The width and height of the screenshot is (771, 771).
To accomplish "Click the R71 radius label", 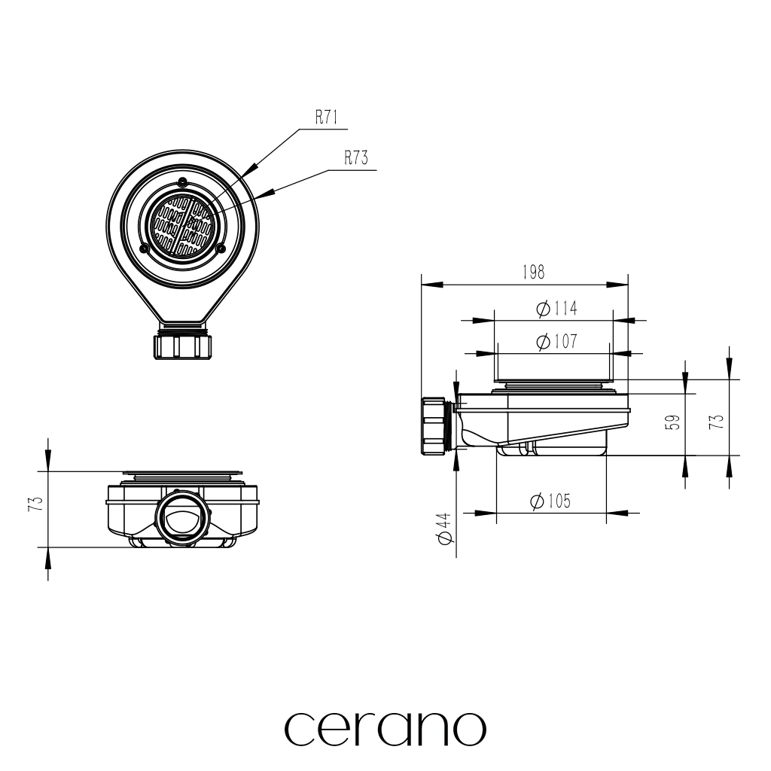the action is click(x=326, y=117).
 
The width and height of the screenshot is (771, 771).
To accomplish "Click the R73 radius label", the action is click(x=355, y=158).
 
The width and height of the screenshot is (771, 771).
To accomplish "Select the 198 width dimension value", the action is click(x=534, y=272).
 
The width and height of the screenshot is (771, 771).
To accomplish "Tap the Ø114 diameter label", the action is click(x=556, y=309).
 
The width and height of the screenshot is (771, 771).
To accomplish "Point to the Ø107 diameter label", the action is click(x=556, y=341).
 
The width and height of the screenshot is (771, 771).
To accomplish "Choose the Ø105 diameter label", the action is click(x=550, y=501).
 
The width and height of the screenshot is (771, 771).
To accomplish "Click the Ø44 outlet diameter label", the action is click(x=444, y=528).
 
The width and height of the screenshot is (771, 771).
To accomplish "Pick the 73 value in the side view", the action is click(x=717, y=422).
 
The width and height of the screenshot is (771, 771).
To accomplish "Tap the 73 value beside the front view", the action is click(x=36, y=504).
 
